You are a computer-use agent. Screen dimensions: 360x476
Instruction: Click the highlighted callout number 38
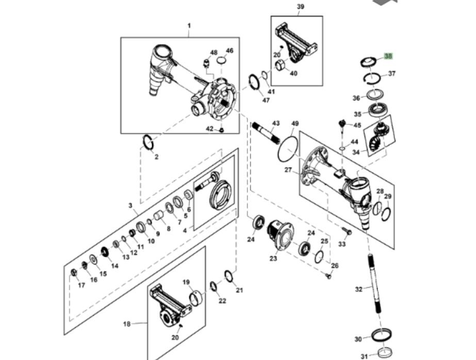tap(388, 56)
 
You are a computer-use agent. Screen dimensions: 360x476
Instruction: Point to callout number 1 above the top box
tap(189, 26)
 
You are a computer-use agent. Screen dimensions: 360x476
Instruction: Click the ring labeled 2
tap(147, 142)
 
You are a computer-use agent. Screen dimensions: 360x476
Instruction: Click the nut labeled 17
tap(74, 272)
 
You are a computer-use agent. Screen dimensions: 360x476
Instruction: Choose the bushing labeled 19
tap(196, 298)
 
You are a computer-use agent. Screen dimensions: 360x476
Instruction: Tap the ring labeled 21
tap(229, 276)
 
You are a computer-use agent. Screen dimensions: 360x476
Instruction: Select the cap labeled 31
tap(384, 354)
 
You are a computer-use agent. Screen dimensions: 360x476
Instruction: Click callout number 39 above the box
tap(301, 7)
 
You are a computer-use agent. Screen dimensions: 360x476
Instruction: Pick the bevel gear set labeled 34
tap(377, 137)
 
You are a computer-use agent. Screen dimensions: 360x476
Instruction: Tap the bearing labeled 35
tap(378, 110)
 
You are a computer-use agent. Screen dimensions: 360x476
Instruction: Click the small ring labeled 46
tap(222, 60)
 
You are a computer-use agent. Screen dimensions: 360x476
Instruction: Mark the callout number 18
tap(127, 324)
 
